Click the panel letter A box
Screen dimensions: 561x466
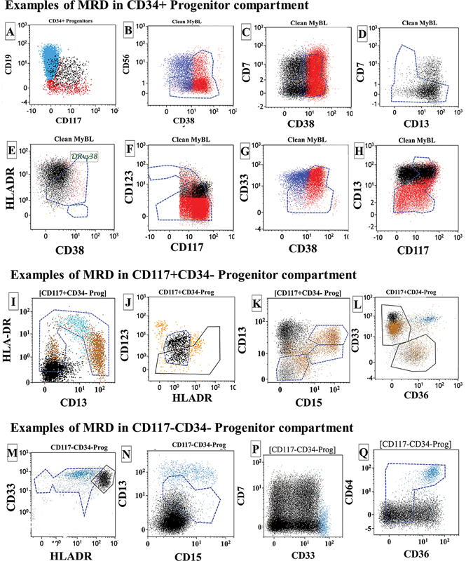[10, 32]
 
